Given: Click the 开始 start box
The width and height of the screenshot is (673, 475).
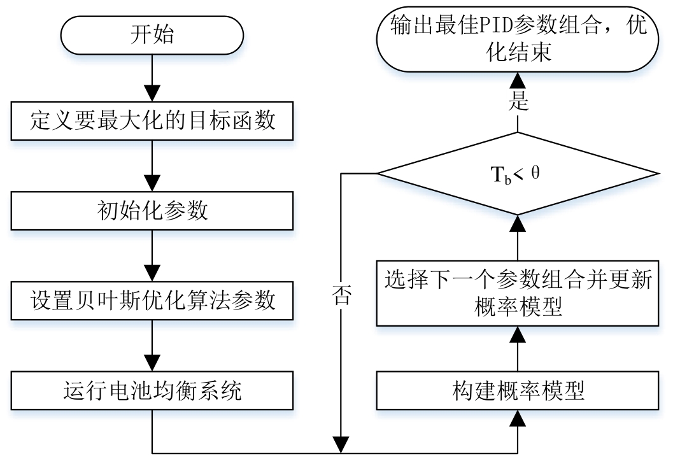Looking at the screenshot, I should coord(153,35).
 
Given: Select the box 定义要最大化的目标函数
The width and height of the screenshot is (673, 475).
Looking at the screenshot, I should coord(153,121).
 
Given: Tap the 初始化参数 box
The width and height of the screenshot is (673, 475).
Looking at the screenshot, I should coord(153,211).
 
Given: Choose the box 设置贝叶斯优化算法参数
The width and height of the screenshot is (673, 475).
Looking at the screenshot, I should coord(153,300).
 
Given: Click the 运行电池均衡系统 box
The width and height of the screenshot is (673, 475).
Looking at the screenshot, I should coord(153,390).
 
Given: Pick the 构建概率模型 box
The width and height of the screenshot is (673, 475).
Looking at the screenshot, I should coord(517,390).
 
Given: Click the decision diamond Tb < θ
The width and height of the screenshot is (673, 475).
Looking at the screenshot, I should coord(517,173).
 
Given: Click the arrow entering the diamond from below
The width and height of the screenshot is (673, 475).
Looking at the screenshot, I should coord(517,236).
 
